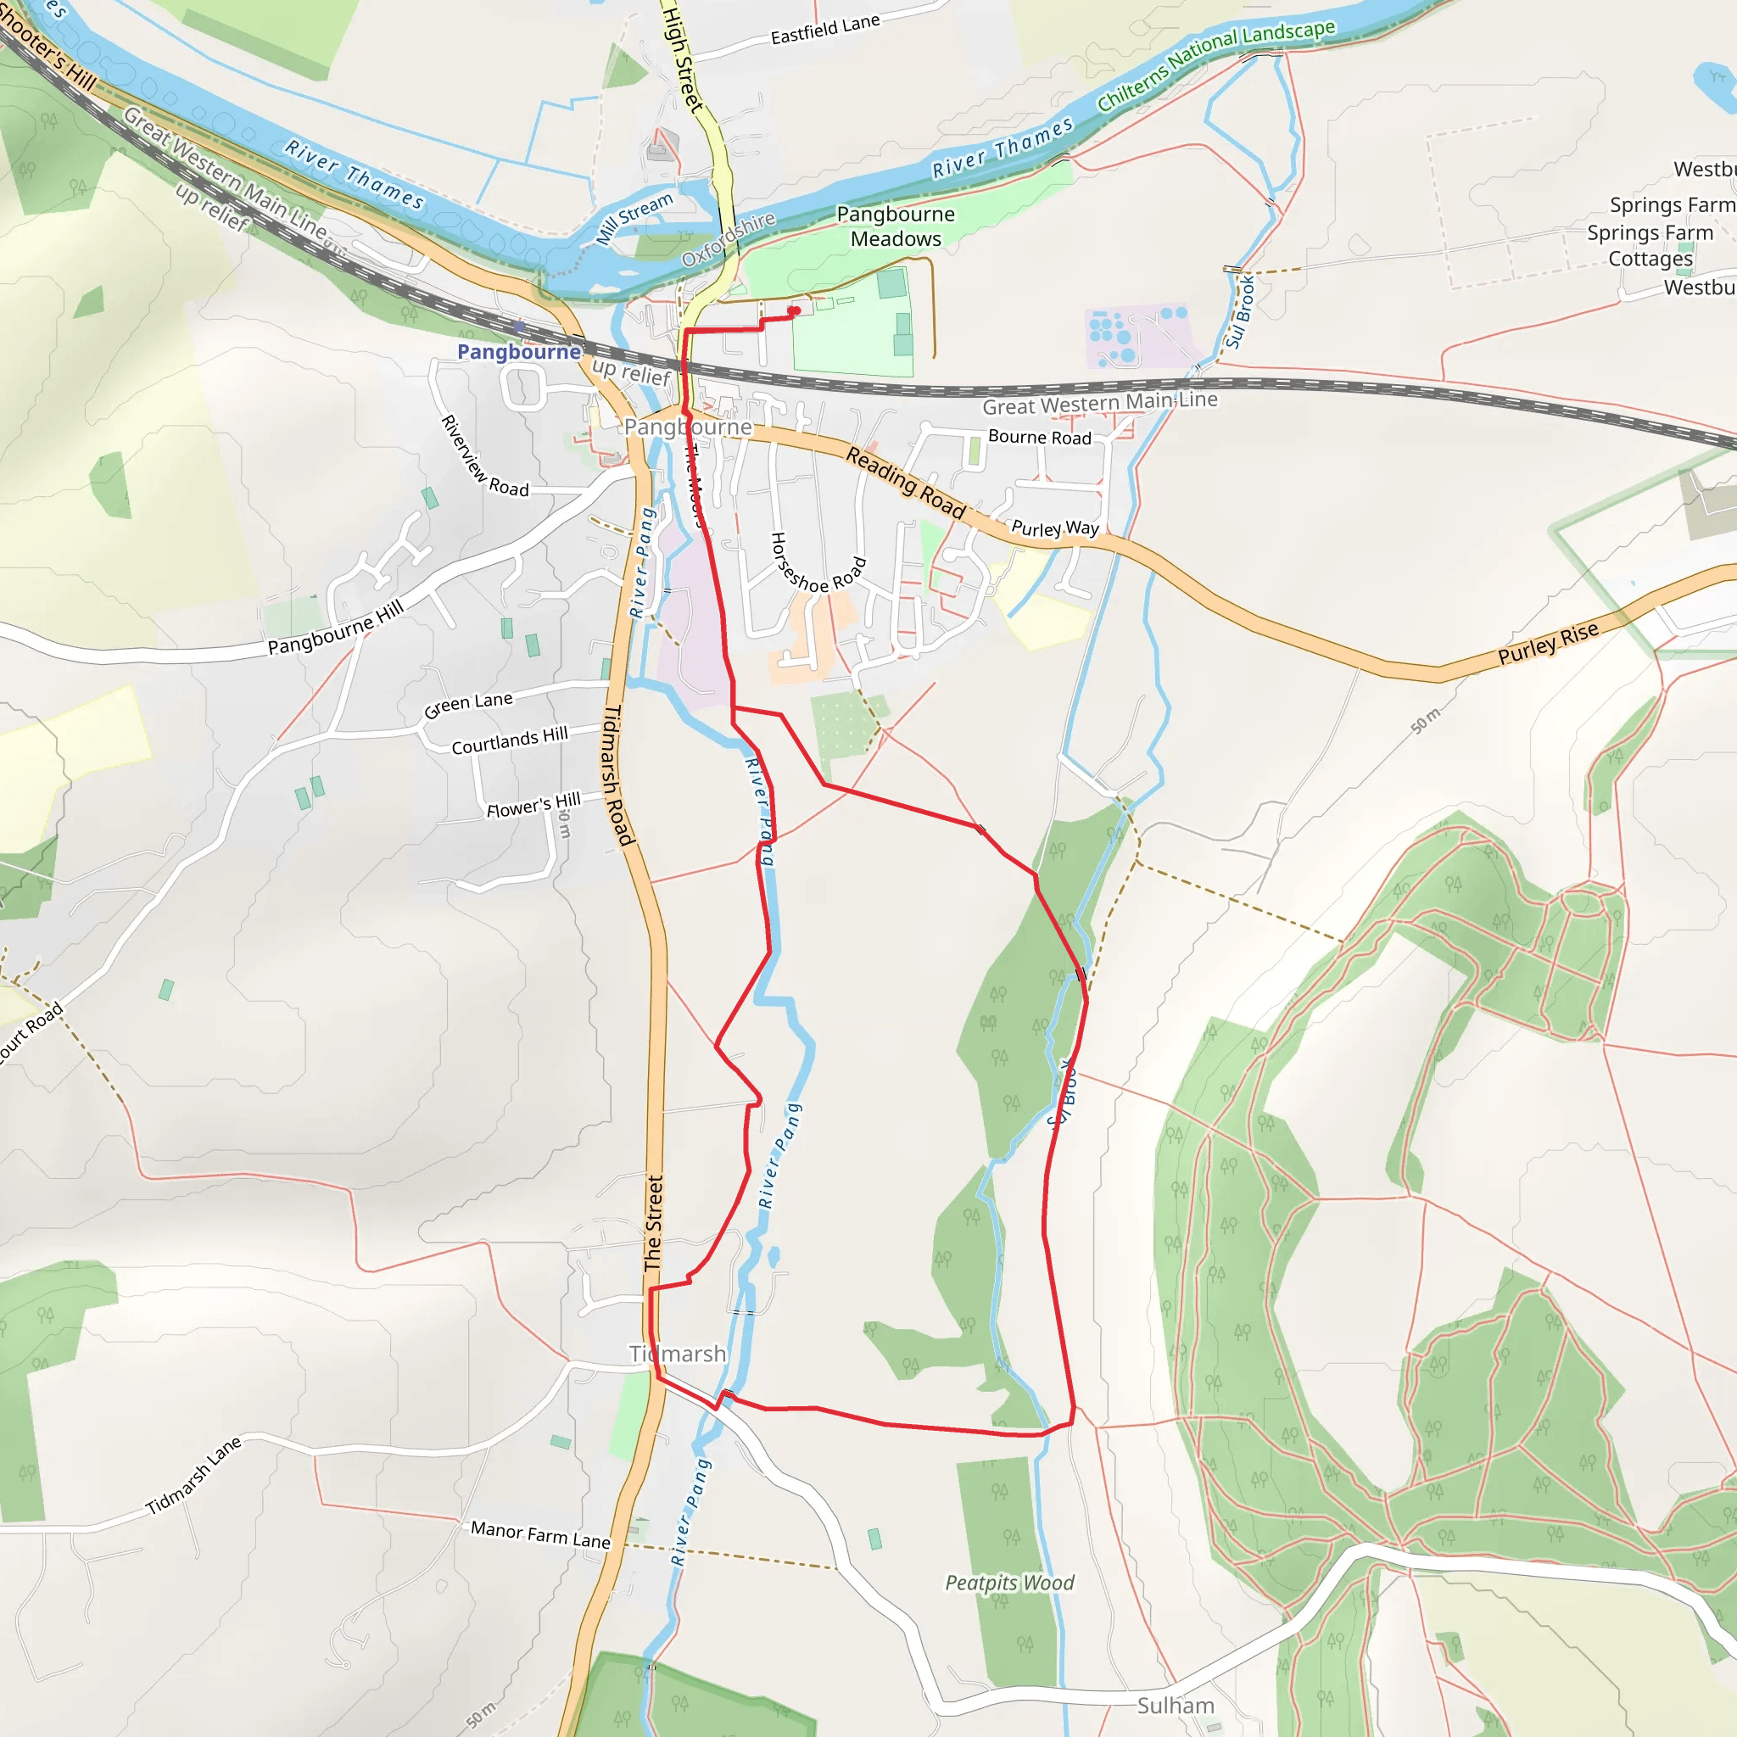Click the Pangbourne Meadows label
pyautogui.click(x=896, y=226)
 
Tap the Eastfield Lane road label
pyautogui.click(x=824, y=30)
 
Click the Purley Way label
pyautogui.click(x=1054, y=528)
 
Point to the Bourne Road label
pyautogui.click(x=1039, y=437)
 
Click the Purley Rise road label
pyautogui.click(x=1548, y=643)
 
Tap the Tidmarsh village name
pyautogui.click(x=677, y=1353)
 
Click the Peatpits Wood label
pyautogui.click(x=1008, y=1583)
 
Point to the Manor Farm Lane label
pyautogui.click(x=540, y=1534)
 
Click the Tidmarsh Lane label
pyautogui.click(x=193, y=1476)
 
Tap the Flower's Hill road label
pyautogui.click(x=533, y=806)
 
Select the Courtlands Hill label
pyautogui.click(x=509, y=740)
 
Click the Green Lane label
pyautogui.click(x=467, y=705)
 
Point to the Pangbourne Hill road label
pyautogui.click(x=335, y=628)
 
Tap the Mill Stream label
pyautogui.click(x=634, y=219)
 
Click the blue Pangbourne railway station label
pyautogui.click(x=519, y=351)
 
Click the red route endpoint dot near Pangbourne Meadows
pyautogui.click(x=794, y=311)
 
